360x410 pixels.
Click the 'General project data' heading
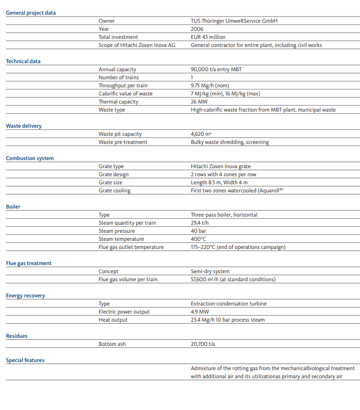coord(31,13)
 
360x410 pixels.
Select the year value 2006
coord(197,29)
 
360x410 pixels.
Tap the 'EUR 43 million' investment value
coord(208,37)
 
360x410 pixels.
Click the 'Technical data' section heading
coord(23,61)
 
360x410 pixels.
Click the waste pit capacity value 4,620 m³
coord(201,134)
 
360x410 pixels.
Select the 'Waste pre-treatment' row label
coord(123,142)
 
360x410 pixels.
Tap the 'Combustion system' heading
coord(30,158)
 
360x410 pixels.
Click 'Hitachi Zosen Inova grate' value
coord(221,166)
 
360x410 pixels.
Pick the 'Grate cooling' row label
coord(115,190)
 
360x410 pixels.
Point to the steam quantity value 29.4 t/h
coord(200,223)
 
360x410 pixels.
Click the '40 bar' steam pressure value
coord(199,231)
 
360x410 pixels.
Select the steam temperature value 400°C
coord(198,239)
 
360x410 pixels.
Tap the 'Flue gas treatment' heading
coord(29,263)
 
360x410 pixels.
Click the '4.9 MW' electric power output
coord(199,312)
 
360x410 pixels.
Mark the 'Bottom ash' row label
coord(112,344)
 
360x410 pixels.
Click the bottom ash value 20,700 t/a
coord(204,344)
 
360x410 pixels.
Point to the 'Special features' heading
coord(25,360)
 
